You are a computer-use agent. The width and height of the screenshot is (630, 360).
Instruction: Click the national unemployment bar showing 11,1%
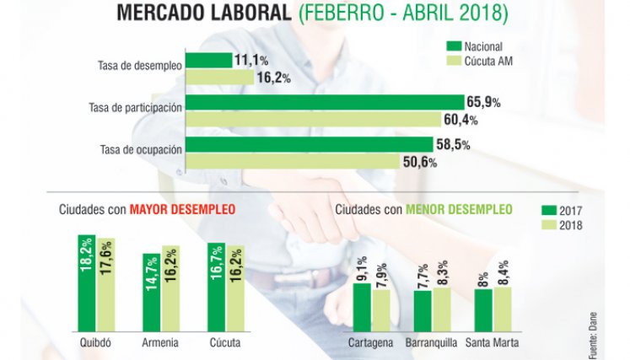tap(209, 60)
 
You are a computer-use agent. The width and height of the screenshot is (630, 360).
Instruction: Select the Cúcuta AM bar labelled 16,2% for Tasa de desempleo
tap(220, 78)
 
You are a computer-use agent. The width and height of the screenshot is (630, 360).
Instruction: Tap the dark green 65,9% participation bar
tap(325, 103)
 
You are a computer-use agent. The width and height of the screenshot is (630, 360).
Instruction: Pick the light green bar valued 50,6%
tap(293, 161)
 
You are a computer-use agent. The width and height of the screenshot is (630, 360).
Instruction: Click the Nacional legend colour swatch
tap(454, 46)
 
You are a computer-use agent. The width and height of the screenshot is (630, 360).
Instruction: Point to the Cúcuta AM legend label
tap(488, 61)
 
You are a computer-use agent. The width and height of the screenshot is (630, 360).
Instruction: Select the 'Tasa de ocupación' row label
tap(141, 150)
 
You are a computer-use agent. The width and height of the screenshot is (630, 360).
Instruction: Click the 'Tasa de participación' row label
tap(136, 108)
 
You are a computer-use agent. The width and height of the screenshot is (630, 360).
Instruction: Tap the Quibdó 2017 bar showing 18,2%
tap(87, 283)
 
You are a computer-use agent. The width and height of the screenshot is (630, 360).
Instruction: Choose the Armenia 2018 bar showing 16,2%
tap(170, 288)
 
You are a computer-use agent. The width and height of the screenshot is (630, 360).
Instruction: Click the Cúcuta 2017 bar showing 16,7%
tap(217, 287)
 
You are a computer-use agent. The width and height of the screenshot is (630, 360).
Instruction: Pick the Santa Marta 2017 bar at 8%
tap(483, 310)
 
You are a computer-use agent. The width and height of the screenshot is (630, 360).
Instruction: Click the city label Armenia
tap(160, 343)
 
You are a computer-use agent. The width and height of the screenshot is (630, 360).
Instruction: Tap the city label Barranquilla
tap(431, 343)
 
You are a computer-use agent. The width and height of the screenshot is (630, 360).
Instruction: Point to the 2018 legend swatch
tap(549, 224)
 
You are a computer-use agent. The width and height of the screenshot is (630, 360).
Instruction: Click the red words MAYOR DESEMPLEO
tap(182, 209)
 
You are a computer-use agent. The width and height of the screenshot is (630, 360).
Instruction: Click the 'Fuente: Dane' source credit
tap(593, 336)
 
